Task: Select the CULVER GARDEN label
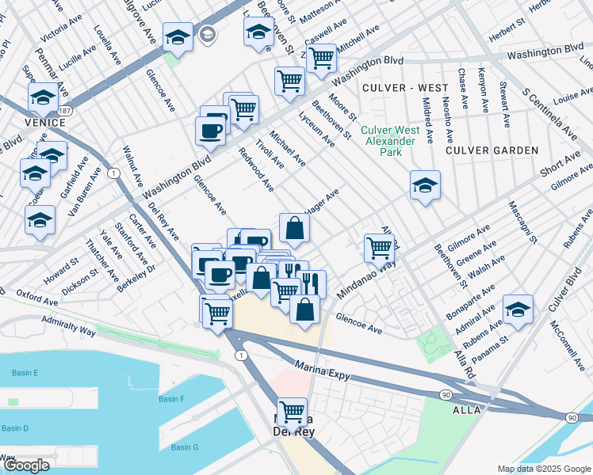[x=492, y=150]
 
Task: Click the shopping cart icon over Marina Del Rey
[x=293, y=410]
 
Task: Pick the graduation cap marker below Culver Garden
[x=425, y=185]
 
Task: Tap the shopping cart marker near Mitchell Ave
[x=321, y=58]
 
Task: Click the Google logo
[x=26, y=466]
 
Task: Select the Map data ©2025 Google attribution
[x=544, y=469]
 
